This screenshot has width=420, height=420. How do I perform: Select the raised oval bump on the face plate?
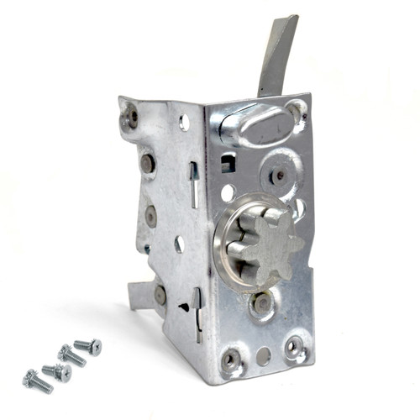pos(251,127)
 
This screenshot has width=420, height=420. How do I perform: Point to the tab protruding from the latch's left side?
pos(138,294)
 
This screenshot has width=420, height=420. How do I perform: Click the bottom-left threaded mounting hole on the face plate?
pos(231,360)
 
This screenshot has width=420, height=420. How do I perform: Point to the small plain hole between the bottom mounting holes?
pos(263,355)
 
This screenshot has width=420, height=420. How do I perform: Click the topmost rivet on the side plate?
pos(130,117)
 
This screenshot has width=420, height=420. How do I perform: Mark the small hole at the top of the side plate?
pos(184,123)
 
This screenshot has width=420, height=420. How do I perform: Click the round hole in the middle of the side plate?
pos(179,244)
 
